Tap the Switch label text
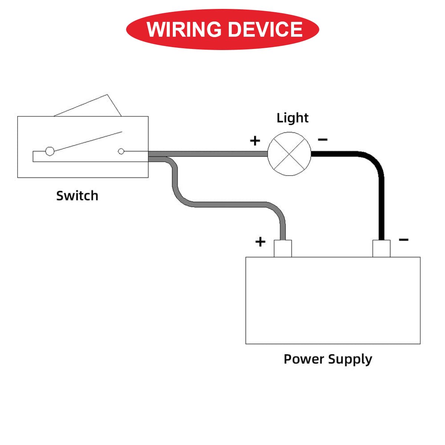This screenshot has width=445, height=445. click(x=77, y=195)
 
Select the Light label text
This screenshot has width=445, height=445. click(x=292, y=118)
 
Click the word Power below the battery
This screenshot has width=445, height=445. click(x=303, y=359)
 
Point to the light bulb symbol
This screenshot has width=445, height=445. click(x=289, y=154)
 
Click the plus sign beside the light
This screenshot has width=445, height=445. click(x=255, y=141)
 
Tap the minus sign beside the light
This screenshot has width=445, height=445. click(x=323, y=139)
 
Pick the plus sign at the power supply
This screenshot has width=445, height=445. click(x=260, y=242)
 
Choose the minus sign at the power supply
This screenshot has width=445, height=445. click(x=403, y=240)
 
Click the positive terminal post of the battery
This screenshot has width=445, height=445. click(x=283, y=248)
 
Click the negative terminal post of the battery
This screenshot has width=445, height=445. click(x=381, y=248)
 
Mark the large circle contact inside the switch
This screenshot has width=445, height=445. click(x=50, y=151)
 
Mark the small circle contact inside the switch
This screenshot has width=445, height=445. click(x=121, y=151)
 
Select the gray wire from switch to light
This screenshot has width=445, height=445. click(x=208, y=154)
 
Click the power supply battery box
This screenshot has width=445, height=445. click(x=333, y=300)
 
